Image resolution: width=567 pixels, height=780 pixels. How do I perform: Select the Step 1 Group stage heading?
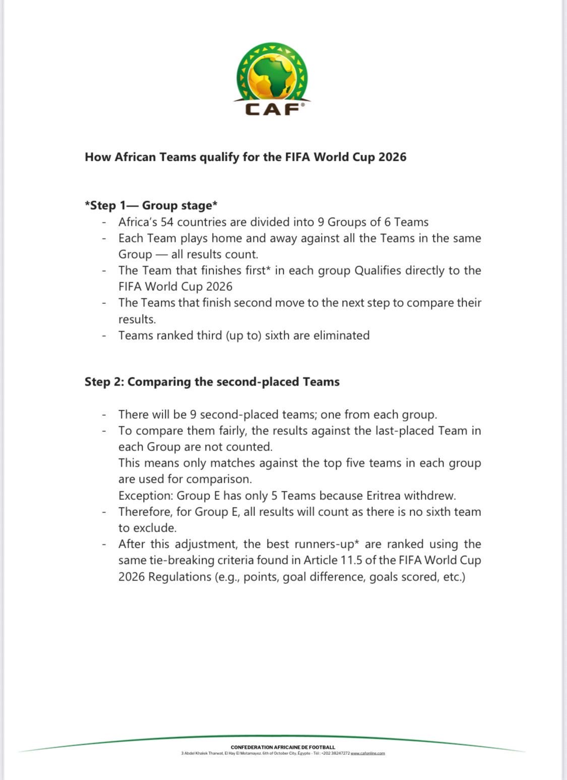151,206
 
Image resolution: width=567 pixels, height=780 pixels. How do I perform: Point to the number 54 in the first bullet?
167,222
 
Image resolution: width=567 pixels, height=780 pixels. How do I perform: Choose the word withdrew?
429,496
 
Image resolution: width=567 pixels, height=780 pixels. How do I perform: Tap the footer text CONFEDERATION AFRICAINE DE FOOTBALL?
283,747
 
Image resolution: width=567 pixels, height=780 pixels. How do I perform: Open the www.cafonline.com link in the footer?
368,753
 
